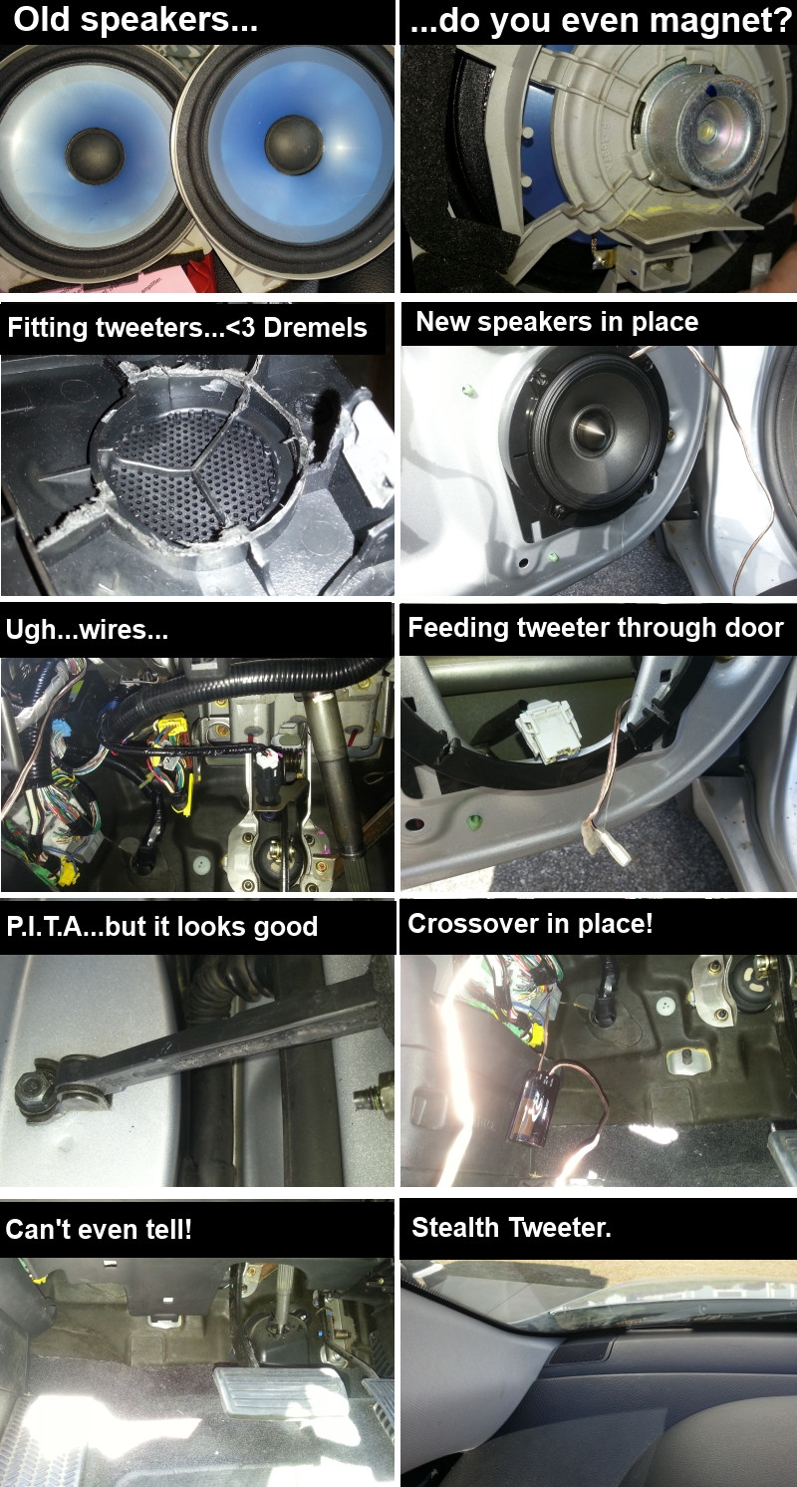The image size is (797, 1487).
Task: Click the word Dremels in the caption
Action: point(315,327)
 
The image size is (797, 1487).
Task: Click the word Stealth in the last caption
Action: point(454,1227)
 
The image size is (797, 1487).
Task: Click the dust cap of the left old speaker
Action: point(95,155)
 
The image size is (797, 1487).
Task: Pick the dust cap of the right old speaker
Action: point(293,145)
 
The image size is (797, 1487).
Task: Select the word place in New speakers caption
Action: point(664,322)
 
